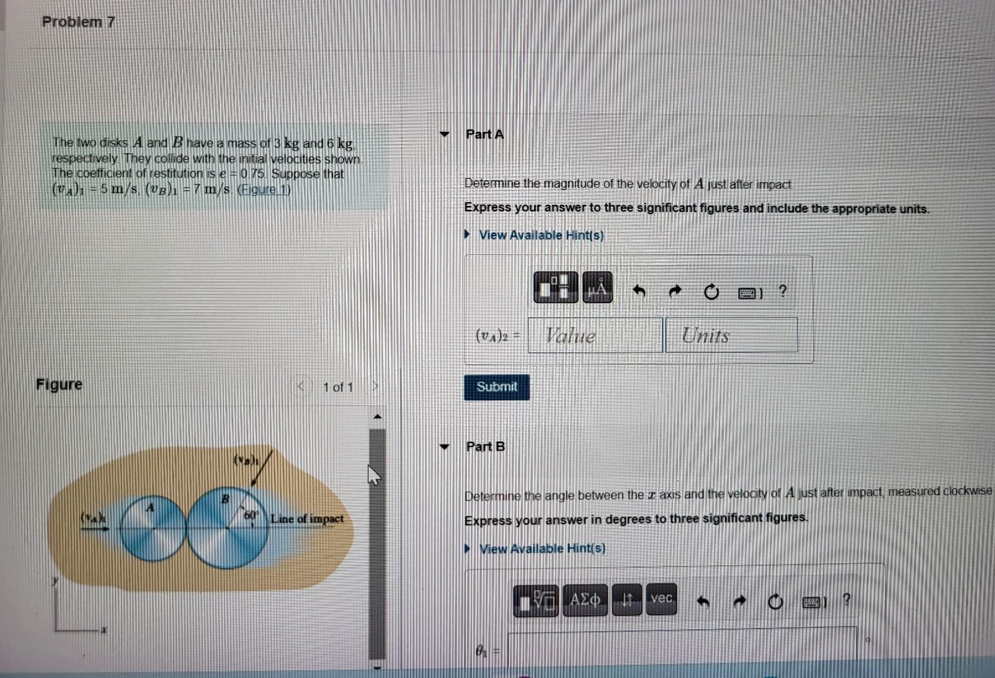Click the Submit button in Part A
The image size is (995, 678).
[x=496, y=387]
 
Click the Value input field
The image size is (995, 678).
[x=595, y=335]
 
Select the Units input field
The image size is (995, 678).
[x=731, y=335]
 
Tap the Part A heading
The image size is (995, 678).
[x=484, y=134]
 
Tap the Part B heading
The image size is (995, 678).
[x=485, y=446]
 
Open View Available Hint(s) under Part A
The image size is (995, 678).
[x=541, y=235]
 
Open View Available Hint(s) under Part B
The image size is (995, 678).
[x=542, y=549]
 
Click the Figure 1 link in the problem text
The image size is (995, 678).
[x=264, y=190]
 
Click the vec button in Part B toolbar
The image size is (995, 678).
[x=661, y=599]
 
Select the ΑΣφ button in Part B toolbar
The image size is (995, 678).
[x=585, y=600]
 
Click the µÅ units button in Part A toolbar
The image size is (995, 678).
[x=597, y=288]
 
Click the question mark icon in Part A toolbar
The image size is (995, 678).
[x=782, y=291]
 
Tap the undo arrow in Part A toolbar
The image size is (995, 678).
[x=639, y=291]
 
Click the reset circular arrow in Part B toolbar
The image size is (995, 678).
[x=775, y=602]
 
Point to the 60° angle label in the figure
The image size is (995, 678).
[x=251, y=515]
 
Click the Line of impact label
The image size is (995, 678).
[x=307, y=519]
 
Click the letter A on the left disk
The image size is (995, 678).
[x=150, y=507]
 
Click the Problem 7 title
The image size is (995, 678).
[x=78, y=22]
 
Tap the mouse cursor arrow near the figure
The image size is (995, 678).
[x=374, y=475]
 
